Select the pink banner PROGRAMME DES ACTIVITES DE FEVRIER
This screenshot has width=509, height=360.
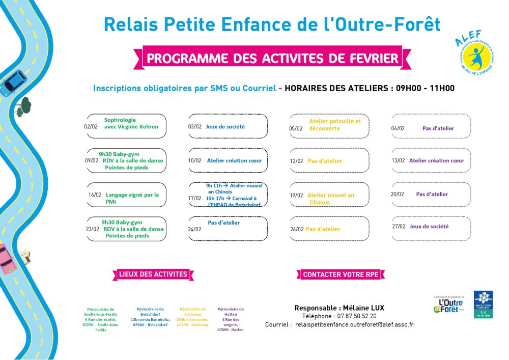coord(272,58)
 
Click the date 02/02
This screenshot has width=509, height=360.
coord(91,127)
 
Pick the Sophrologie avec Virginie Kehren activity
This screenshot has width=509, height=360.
coord(131,123)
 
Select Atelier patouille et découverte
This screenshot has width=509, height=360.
coord(334,125)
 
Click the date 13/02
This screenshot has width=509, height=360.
coord(398,161)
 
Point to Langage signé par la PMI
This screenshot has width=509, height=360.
coord(132,198)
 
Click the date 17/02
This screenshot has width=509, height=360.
coord(195,198)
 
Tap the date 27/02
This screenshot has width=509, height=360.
coord(399,227)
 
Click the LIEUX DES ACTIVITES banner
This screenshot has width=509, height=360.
coord(153,274)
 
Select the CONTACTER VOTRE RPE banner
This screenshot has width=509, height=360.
coord(341,274)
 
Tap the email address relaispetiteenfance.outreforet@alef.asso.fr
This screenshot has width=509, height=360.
coord(354,324)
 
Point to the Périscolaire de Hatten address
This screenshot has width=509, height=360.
coord(231,319)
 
